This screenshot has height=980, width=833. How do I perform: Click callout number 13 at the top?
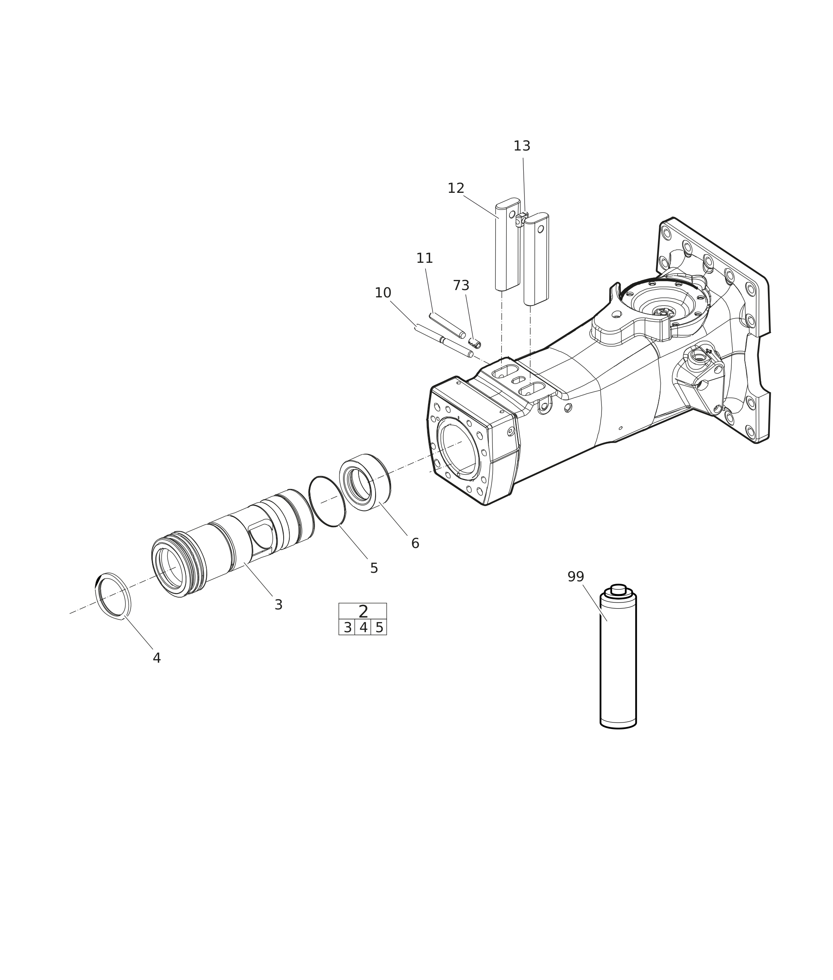[522, 146]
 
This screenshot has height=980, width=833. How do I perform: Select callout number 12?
[456, 188]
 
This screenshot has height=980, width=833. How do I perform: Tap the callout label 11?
[424, 258]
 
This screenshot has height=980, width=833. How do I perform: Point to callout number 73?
[461, 286]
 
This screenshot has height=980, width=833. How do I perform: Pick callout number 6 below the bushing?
[415, 543]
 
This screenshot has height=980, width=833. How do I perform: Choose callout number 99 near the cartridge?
[576, 577]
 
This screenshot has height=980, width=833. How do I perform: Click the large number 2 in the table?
[363, 612]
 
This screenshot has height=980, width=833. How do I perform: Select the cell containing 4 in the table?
[363, 628]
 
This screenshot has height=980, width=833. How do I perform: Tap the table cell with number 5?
[379, 628]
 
